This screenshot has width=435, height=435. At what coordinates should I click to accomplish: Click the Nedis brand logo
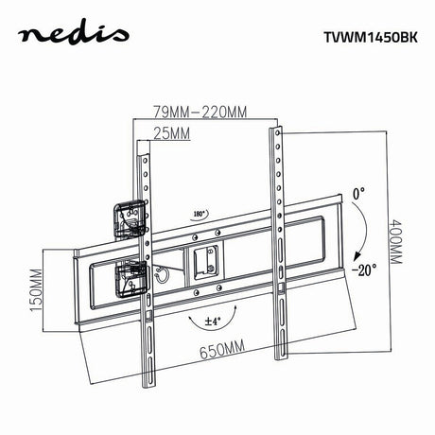click(73, 34)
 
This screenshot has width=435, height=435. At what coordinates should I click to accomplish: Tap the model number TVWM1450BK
click(371, 38)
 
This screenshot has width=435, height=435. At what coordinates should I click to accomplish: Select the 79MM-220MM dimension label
click(200, 112)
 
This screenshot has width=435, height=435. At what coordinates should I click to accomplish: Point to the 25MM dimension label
click(172, 133)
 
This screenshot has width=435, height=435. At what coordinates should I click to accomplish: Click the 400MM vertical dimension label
click(396, 241)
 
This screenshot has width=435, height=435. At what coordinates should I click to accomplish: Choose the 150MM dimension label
click(36, 290)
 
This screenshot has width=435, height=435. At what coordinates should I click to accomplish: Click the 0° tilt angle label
click(358, 194)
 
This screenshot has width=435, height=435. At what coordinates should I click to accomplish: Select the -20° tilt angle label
click(364, 270)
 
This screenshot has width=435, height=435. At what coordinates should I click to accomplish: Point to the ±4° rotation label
click(213, 322)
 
